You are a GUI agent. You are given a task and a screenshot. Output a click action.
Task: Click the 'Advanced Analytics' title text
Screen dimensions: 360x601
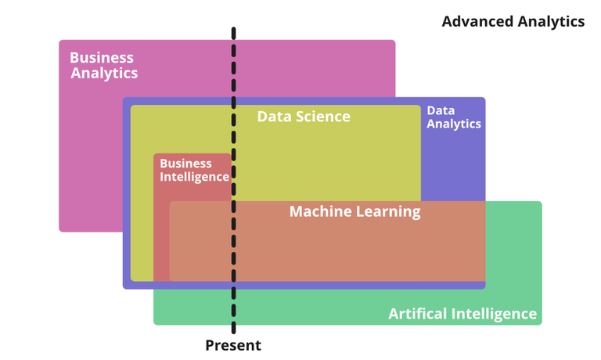[513, 21]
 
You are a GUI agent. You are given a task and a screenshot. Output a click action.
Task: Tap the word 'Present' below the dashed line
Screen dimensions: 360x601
[233, 345]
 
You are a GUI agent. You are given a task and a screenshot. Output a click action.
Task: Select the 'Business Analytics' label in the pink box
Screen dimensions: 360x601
[103, 65]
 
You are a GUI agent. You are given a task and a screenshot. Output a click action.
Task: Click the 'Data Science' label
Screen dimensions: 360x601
[304, 117]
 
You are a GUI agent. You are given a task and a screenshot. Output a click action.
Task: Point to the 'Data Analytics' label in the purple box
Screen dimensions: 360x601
[453, 117]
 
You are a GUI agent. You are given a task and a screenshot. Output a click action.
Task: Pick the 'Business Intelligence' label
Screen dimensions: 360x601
[194, 170]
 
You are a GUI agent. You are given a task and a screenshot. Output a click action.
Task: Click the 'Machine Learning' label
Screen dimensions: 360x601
[354, 211]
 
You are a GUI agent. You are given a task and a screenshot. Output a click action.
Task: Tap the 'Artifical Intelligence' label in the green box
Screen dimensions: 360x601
[462, 314]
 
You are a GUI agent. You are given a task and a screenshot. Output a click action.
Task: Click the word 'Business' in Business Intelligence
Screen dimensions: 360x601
[185, 164]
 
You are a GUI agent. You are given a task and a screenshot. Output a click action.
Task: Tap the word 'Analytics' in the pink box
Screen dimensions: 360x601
[104, 73]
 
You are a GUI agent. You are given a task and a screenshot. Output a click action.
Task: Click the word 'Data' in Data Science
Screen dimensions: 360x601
[274, 117]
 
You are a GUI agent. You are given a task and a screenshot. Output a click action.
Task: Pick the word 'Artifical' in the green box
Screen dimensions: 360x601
[418, 314]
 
